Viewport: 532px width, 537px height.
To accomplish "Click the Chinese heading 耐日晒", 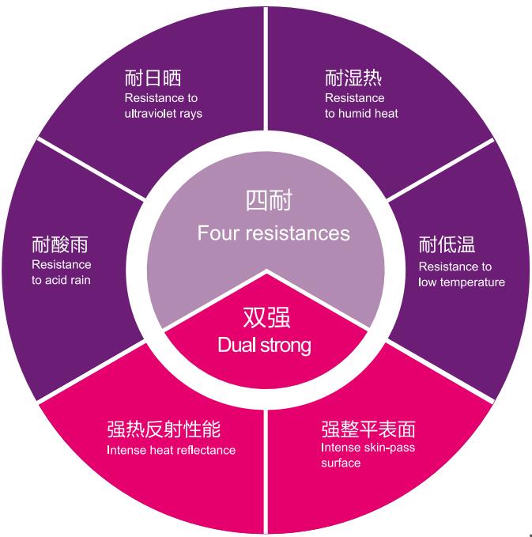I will click(x=153, y=78).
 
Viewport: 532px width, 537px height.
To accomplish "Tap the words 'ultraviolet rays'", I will click(x=163, y=113).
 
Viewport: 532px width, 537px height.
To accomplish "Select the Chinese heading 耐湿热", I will click(x=353, y=78).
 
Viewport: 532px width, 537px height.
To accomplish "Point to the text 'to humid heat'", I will click(x=360, y=113).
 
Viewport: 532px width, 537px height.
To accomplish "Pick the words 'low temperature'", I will click(x=462, y=282).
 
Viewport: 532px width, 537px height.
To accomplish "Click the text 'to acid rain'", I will click(x=61, y=280).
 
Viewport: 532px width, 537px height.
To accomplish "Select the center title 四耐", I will click(x=268, y=201).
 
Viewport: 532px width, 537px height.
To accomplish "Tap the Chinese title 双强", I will click(x=266, y=318).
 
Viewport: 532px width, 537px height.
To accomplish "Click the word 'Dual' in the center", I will click(x=235, y=346).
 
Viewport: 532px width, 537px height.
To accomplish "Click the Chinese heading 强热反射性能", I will click(x=163, y=429).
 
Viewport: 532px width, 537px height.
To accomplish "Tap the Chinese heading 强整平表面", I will click(x=368, y=429).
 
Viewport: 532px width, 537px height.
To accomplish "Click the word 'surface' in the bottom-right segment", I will click(x=341, y=463).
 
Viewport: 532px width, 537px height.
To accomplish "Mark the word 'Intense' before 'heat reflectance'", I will click(x=125, y=450).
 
